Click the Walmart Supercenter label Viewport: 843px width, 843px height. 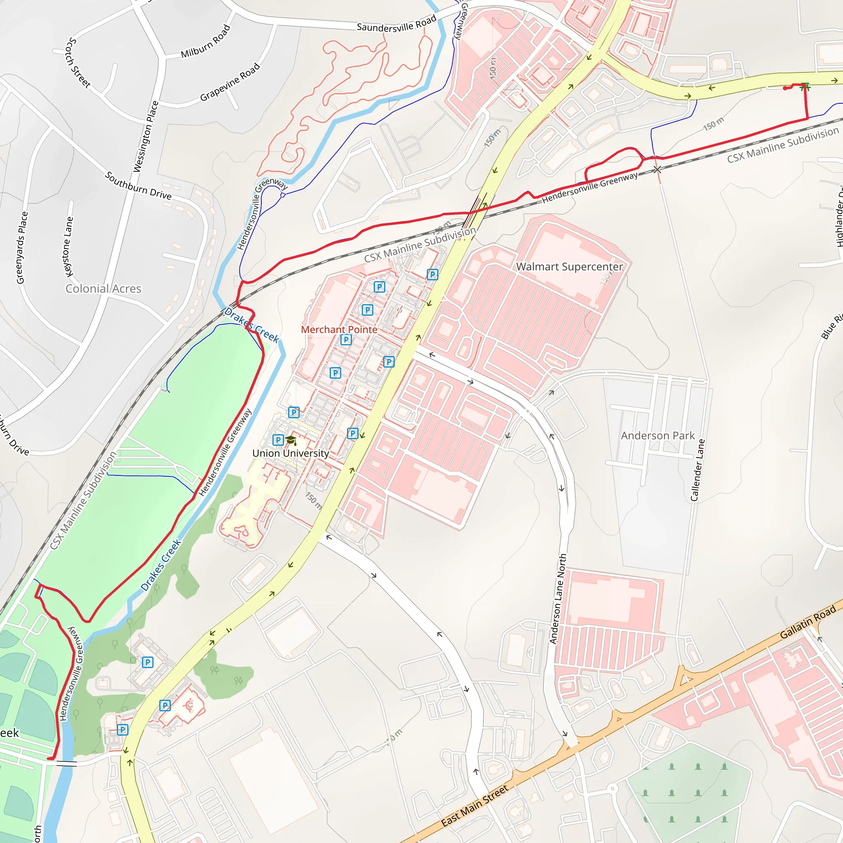pos(569,267)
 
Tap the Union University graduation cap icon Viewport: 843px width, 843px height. pos(291,440)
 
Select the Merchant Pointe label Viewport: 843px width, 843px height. pos(339,329)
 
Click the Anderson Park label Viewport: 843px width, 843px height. pos(657,435)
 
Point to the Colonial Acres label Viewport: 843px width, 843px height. pos(103,289)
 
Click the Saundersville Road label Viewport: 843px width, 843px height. pos(397,24)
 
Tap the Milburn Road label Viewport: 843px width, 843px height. pos(205,42)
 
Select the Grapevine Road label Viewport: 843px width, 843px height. pos(230,82)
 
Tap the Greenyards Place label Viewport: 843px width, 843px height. pos(22,247)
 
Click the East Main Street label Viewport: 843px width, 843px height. pos(474,806)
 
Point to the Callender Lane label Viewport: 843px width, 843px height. pos(697,470)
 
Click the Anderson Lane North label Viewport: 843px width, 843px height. pos(558,598)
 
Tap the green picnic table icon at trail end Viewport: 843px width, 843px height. pos(806,87)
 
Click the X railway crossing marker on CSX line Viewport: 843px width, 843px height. pos(657,169)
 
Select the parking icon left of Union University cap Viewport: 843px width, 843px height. pos(278,440)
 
